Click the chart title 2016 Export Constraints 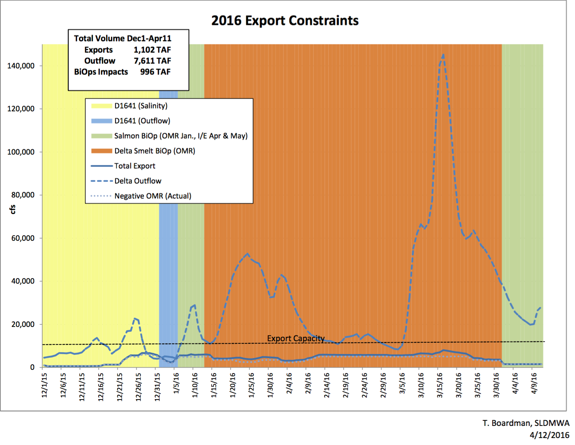285,21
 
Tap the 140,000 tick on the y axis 21,66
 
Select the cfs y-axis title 13,209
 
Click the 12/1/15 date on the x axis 44,385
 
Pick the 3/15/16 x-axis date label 440,385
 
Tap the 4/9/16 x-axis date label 534,383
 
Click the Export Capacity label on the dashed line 296,338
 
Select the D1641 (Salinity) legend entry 141,106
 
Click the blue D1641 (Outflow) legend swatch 102,121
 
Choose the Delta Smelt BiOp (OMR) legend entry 154,151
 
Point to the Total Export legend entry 135,166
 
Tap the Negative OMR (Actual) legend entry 153,196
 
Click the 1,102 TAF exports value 152,50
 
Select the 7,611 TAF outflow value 152,61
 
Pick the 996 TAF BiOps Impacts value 155,72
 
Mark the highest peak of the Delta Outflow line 443,55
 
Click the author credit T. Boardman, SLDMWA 526,423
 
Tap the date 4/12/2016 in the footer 549,435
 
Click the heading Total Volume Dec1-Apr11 122,38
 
